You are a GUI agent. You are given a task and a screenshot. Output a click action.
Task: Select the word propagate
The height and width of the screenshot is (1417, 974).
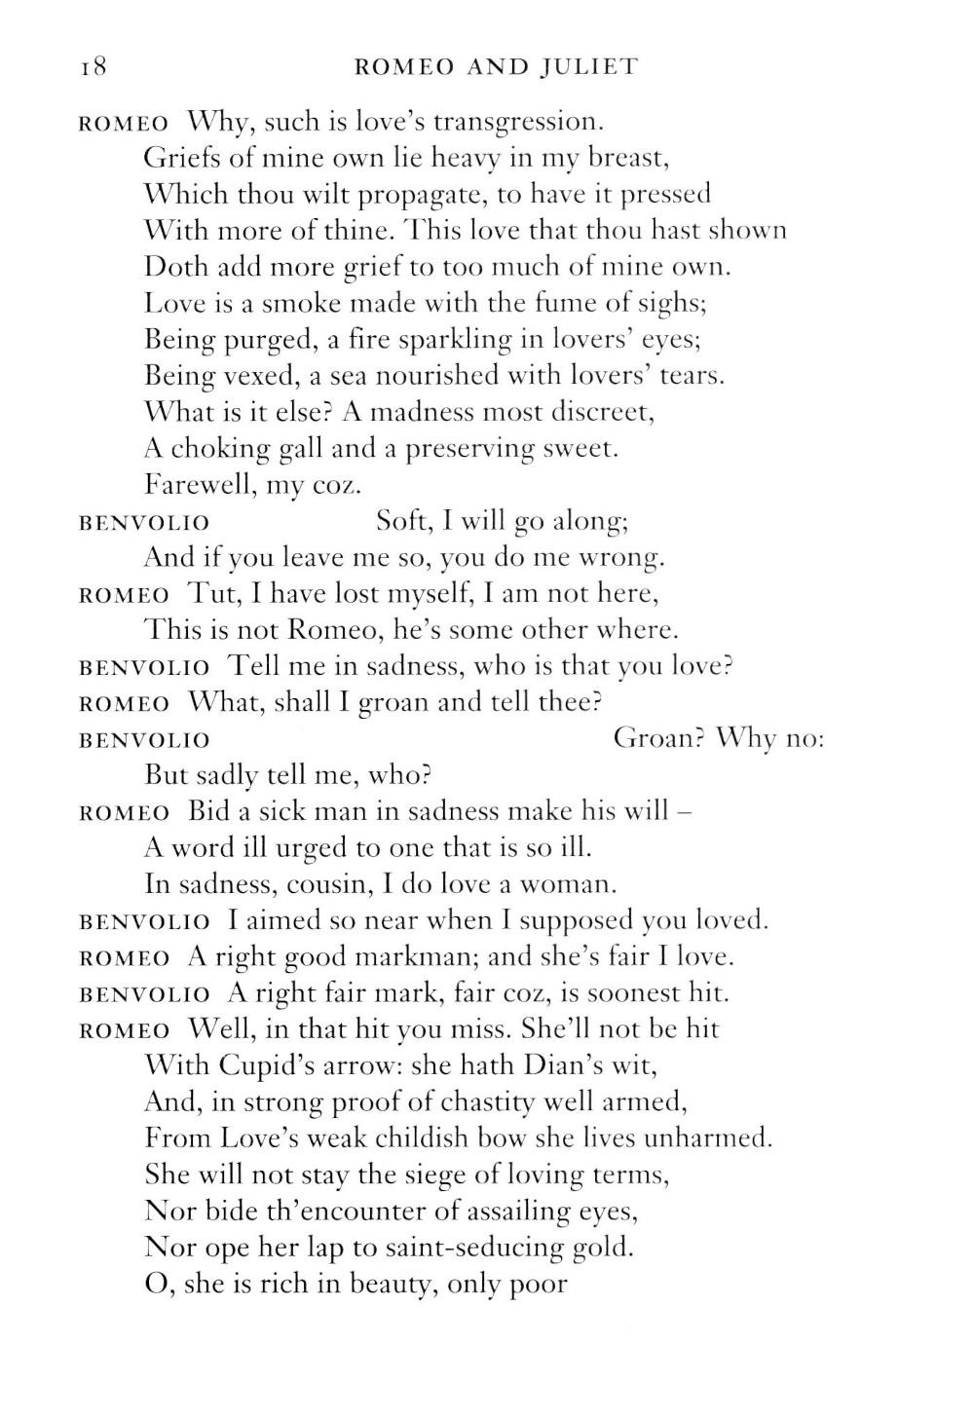tap(423, 195)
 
